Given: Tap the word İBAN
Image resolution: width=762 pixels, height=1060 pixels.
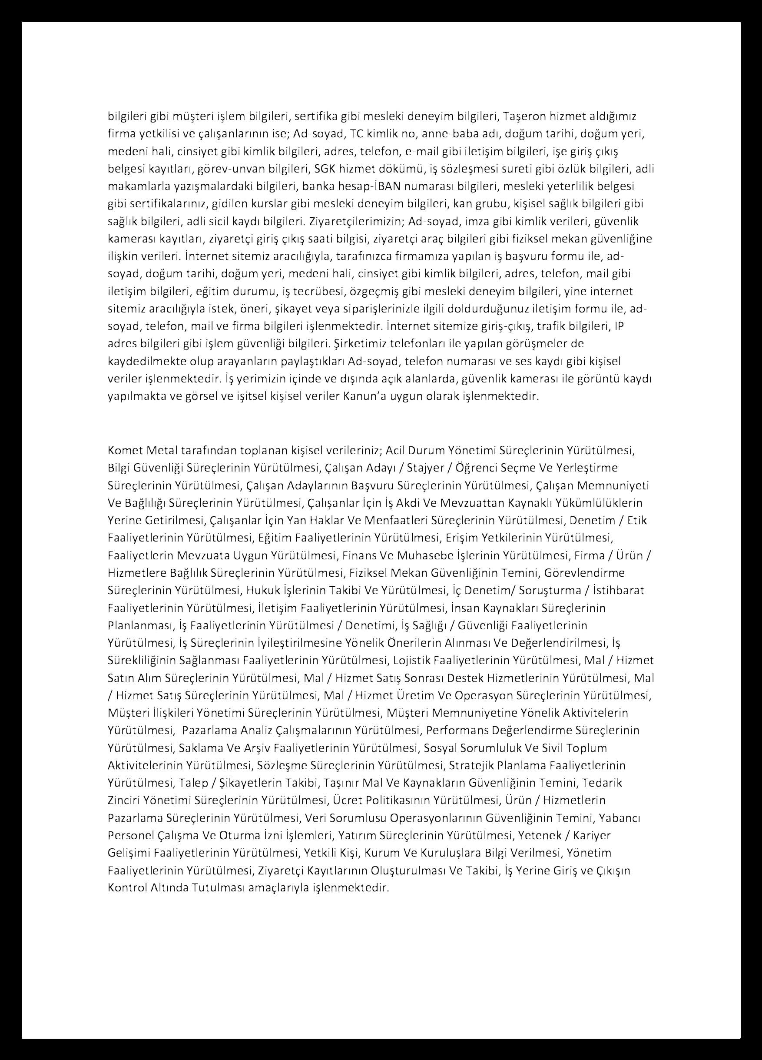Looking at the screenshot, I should click(x=388, y=186).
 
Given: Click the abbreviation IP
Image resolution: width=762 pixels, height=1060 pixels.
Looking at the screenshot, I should click(x=619, y=326).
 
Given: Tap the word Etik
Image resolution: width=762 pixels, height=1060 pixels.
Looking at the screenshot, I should click(x=637, y=520).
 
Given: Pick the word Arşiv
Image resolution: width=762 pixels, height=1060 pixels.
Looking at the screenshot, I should click(x=257, y=748).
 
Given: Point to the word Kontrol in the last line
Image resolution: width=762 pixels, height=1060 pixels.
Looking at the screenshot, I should click(x=125, y=887).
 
